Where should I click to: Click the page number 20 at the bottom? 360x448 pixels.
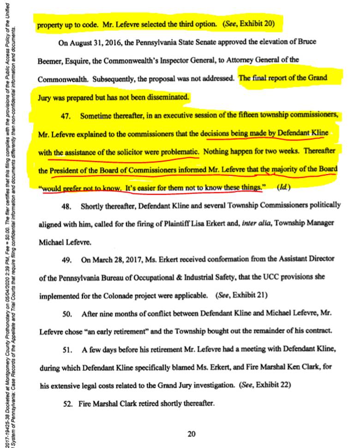[x=192, y=433]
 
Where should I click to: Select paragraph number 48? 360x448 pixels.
[x=69, y=205]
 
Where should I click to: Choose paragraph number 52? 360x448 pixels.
[x=69, y=403]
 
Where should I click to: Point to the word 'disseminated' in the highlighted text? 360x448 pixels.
[x=168, y=97]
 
